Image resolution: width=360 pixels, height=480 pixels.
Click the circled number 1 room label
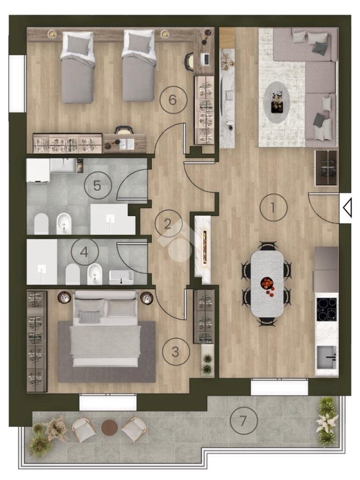(x=273, y=208)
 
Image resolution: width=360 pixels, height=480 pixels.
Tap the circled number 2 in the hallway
(x=168, y=224)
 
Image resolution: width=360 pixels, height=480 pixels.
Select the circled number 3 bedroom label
(x=175, y=352)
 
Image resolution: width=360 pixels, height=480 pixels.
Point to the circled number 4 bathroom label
(x=84, y=252)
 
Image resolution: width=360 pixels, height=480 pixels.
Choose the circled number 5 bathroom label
(x=97, y=186)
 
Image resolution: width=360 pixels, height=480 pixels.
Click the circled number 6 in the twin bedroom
(x=173, y=100)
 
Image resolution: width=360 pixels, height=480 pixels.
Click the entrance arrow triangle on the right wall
(x=347, y=208)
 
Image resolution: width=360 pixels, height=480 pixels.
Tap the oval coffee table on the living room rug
(x=277, y=103)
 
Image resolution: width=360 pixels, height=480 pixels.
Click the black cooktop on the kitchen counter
(x=326, y=310)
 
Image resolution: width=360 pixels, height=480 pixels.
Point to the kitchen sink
(x=327, y=357)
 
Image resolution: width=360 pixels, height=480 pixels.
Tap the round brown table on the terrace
(x=109, y=427)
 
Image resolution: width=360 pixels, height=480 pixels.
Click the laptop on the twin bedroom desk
(x=205, y=59)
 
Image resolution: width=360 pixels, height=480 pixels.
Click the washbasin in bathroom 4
(x=121, y=277)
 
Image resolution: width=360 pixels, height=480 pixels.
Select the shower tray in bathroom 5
(x=112, y=219)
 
